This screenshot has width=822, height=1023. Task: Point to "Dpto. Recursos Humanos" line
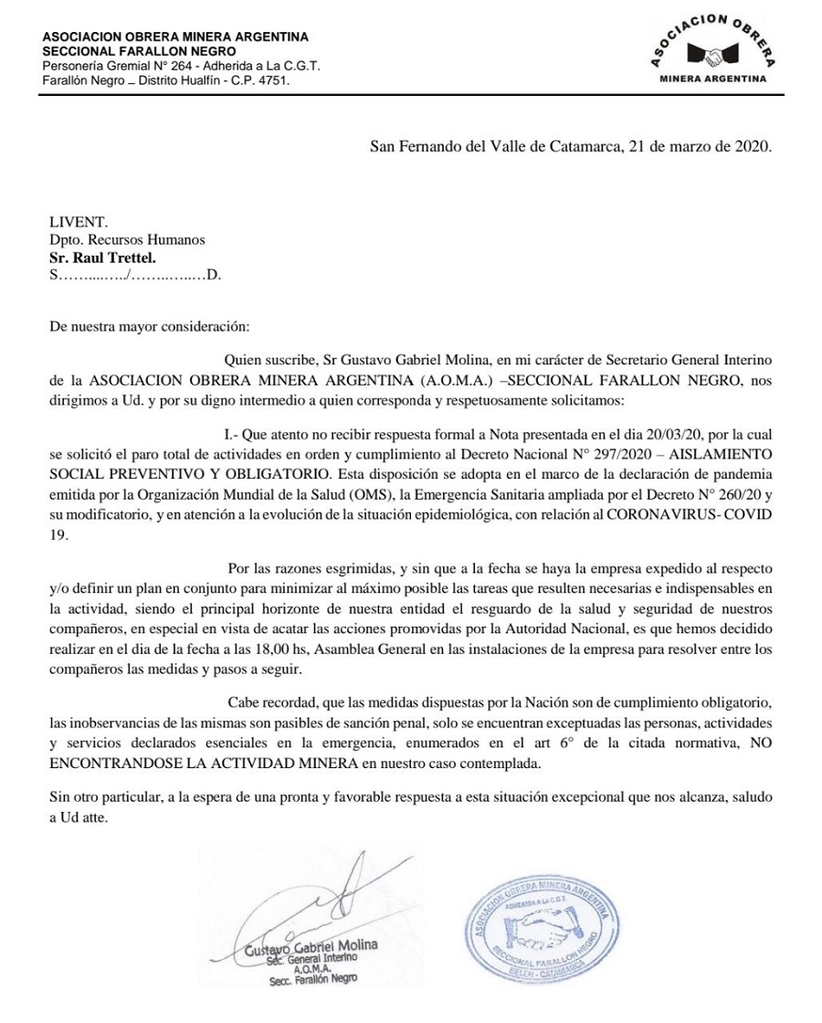pyautogui.click(x=127, y=239)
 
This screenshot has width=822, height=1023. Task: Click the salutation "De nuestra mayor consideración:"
pyautogui.click(x=147, y=325)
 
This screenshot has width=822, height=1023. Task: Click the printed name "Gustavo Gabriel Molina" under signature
pyautogui.click(x=311, y=945)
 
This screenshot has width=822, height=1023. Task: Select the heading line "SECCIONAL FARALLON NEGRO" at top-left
pyautogui.click(x=126, y=51)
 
